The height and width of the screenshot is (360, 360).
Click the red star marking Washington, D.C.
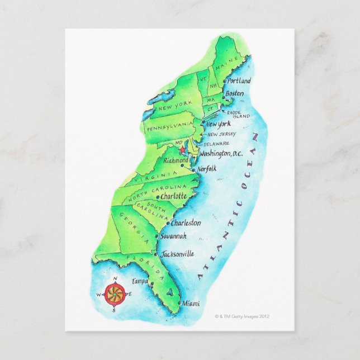point(182,150)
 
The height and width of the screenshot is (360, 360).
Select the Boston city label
point(234,93)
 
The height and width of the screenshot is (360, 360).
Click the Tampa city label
point(140,281)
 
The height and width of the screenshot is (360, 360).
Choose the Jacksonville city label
point(177,254)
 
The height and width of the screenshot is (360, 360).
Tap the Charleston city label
point(186,222)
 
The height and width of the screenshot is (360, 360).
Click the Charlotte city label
point(173,197)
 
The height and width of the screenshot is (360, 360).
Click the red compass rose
point(115,294)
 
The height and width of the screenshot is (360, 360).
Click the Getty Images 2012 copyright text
point(243,316)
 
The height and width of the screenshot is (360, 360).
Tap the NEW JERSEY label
point(221,135)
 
